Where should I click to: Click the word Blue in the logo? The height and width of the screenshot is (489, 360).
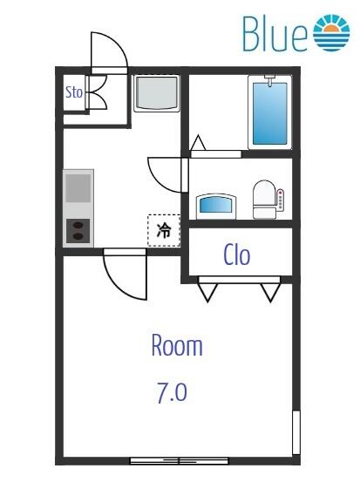click(x=275, y=34)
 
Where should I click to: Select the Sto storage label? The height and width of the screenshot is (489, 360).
click(x=75, y=92)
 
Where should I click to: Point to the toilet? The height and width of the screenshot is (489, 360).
click(x=263, y=200)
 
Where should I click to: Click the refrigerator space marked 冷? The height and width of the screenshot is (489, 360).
click(x=163, y=231)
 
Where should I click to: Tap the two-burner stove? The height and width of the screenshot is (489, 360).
click(x=78, y=231)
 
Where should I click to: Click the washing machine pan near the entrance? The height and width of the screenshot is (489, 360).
click(x=157, y=93)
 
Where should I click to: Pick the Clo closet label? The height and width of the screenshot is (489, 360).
click(x=237, y=255)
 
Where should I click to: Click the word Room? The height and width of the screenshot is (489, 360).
click(x=176, y=346)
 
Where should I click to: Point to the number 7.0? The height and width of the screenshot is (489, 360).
click(x=172, y=393)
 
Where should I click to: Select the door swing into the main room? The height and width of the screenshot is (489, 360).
click(x=122, y=275)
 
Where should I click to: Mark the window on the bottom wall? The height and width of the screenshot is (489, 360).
click(x=179, y=459)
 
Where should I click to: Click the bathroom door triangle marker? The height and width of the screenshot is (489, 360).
click(x=198, y=144)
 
